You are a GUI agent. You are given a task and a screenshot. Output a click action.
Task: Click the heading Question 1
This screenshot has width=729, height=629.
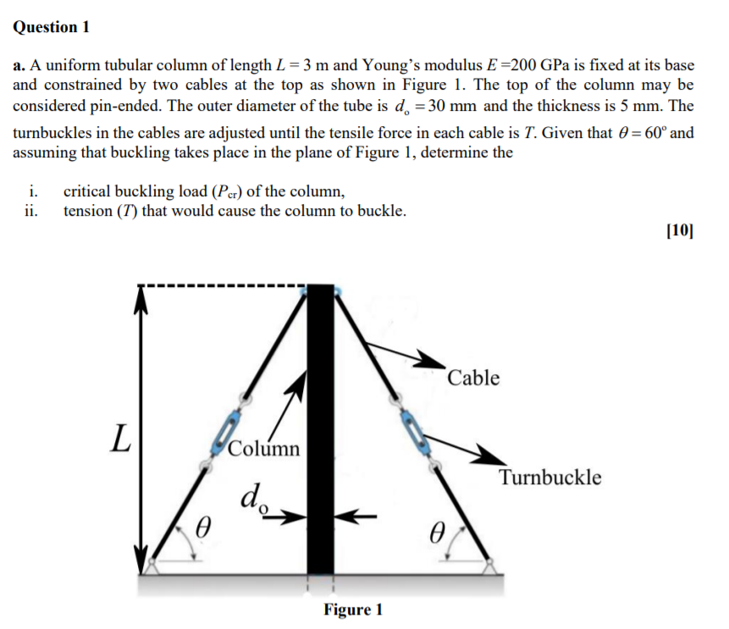[52, 27]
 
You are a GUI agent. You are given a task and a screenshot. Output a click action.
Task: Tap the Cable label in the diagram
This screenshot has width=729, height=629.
[473, 378]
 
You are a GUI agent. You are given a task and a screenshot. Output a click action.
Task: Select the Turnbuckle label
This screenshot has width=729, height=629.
[550, 477]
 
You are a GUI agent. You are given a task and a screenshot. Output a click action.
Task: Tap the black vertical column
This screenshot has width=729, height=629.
[321, 423]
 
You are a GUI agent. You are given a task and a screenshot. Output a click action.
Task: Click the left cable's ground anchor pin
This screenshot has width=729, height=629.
[152, 561]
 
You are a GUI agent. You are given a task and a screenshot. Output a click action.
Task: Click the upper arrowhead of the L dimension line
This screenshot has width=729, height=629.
[140, 292]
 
